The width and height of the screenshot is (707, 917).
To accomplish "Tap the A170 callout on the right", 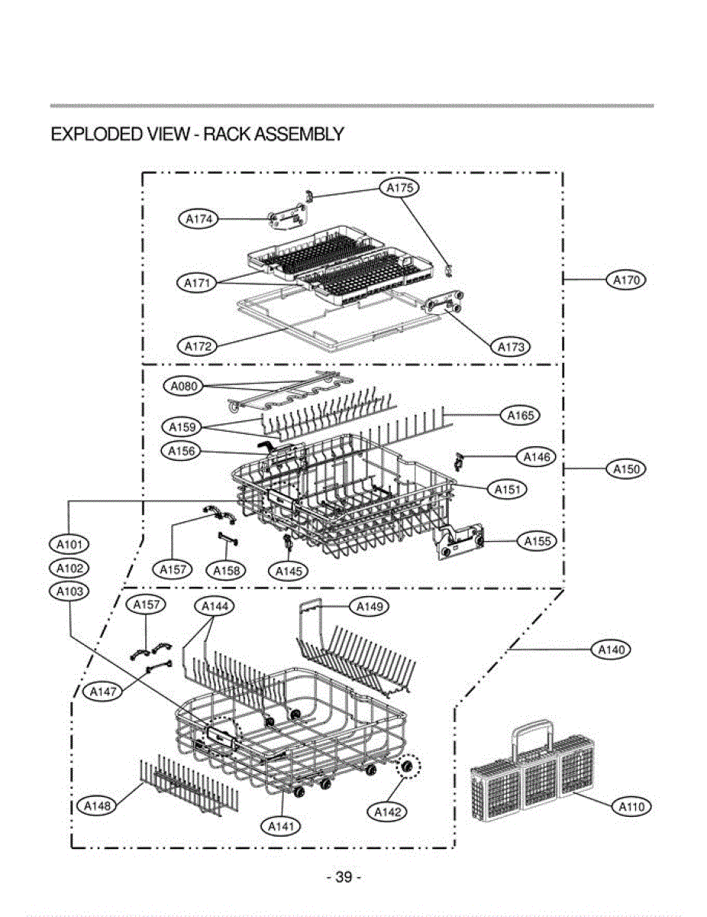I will pyautogui.click(x=627, y=280).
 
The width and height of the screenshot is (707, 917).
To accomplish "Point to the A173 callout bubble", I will pyautogui.click(x=510, y=347).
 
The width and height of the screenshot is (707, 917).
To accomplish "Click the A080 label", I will pyautogui.click(x=184, y=387).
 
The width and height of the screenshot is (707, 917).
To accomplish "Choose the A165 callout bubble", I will pyautogui.click(x=521, y=415).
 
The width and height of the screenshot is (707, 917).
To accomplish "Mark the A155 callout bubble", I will pyautogui.click(x=537, y=541).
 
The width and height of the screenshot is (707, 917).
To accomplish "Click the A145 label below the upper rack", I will pyautogui.click(x=289, y=570).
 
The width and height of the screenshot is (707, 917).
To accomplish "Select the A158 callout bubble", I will pyautogui.click(x=226, y=570).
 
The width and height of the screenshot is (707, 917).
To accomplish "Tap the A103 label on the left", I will pyautogui.click(x=69, y=591).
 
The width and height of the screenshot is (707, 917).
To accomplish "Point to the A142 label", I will pyautogui.click(x=388, y=812).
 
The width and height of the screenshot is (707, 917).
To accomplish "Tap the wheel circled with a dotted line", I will pyautogui.click(x=408, y=766).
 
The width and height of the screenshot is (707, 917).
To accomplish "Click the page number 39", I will pyautogui.click(x=344, y=877).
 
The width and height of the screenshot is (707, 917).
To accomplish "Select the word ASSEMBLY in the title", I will pyautogui.click(x=299, y=134).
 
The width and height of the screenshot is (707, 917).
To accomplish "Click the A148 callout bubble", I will pyautogui.click(x=98, y=807).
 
